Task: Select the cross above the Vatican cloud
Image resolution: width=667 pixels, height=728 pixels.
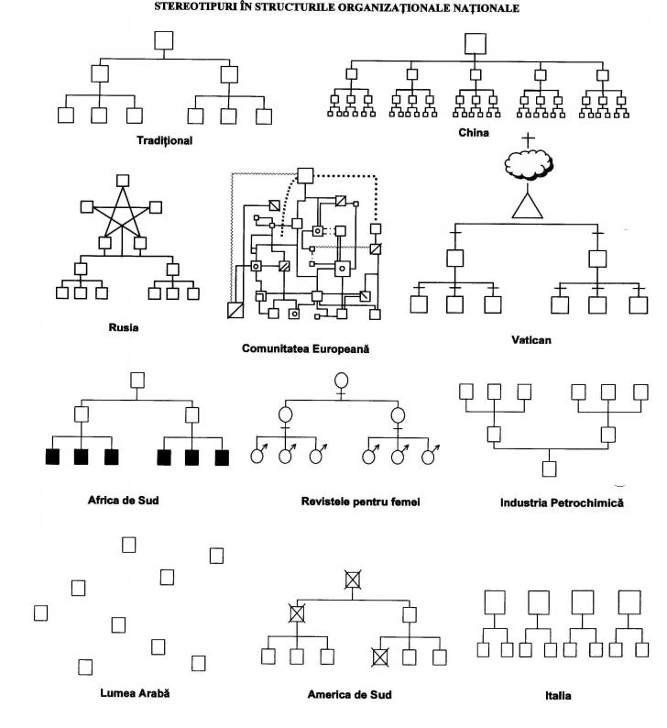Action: coord(527,138)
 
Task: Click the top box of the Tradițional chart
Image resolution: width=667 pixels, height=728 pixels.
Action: coord(164,40)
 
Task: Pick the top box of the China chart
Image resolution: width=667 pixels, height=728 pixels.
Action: coord(475,43)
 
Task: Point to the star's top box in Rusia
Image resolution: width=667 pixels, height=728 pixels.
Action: coord(124,180)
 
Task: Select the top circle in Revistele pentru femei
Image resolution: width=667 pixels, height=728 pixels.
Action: coord(341,380)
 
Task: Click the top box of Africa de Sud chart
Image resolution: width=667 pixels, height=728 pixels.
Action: coord(137,379)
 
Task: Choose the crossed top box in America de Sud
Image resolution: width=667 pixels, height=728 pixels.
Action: coord(353,579)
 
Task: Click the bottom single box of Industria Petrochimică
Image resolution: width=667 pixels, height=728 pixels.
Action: coord(549,469)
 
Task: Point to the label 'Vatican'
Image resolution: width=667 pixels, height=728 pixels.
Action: coord(531,339)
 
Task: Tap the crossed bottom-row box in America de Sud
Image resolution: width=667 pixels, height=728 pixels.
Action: coord(381,656)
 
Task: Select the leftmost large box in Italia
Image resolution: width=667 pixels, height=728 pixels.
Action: coord(495,602)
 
